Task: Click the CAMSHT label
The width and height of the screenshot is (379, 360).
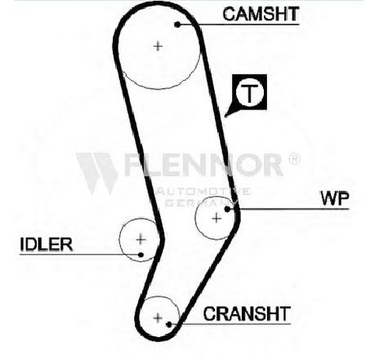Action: (261, 14)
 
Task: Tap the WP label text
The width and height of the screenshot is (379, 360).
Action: (335, 198)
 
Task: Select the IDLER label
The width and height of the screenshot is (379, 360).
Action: (47, 244)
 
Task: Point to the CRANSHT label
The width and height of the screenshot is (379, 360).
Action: (247, 313)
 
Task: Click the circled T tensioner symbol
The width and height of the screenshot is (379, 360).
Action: (250, 92)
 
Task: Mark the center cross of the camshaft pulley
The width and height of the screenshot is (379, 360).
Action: (158, 47)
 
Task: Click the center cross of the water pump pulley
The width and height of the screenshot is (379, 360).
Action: (216, 218)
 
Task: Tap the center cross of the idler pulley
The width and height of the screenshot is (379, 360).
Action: (140, 239)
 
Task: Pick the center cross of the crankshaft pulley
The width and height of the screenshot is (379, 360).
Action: (158, 318)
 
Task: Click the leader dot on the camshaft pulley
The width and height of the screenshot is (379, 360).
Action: (177, 24)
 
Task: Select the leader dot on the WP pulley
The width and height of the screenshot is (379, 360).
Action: (227, 209)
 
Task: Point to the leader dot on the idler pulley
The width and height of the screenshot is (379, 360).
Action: (140, 255)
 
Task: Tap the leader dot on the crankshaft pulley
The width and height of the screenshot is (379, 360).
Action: (169, 324)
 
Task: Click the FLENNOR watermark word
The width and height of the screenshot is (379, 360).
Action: (203, 164)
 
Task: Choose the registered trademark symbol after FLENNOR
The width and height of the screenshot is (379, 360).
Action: (294, 158)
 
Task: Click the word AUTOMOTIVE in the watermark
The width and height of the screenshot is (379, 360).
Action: (203, 191)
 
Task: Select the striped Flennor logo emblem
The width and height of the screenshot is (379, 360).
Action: (97, 174)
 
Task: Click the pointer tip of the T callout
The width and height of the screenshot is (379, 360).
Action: (225, 117)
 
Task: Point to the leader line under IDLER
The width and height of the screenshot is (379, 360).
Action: (79, 255)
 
